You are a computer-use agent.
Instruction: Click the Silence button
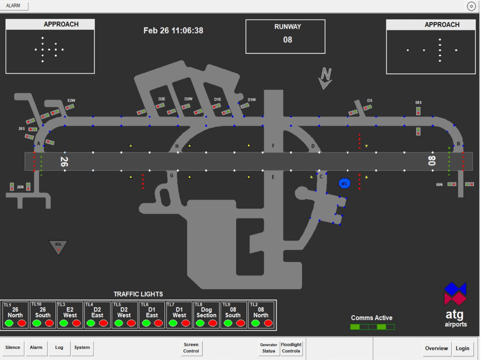point(13,348)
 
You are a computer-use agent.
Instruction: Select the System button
point(82,348)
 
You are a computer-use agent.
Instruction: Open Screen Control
point(191,348)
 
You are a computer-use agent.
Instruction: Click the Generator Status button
point(268,348)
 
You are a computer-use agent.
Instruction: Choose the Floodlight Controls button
point(291,348)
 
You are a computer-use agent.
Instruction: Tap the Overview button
point(436,348)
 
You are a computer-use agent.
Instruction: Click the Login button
point(462,348)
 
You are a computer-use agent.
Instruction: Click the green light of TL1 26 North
point(9,323)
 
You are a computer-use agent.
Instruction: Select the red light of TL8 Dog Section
point(213,323)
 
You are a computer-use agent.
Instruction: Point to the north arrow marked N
point(325,78)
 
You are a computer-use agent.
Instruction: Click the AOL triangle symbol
point(59,246)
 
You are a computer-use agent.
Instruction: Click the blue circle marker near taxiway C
point(344,184)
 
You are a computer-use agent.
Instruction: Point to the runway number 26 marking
point(64,162)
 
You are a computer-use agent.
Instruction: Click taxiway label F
point(273,146)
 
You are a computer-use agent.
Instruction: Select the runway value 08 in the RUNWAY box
point(287,40)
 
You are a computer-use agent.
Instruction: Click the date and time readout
point(173,31)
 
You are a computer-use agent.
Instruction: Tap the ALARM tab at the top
point(14,6)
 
